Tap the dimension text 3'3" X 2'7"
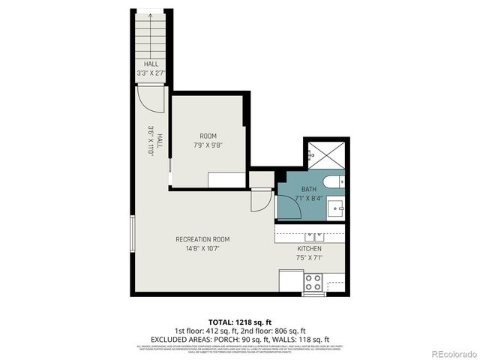point(151,73)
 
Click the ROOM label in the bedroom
point(208,136)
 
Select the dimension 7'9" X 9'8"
point(208,145)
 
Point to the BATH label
point(309,189)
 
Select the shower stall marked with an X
point(325,156)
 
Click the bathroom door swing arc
point(289,205)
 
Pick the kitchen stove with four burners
point(313,283)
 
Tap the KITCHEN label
point(309,248)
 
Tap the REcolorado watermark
point(447,353)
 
